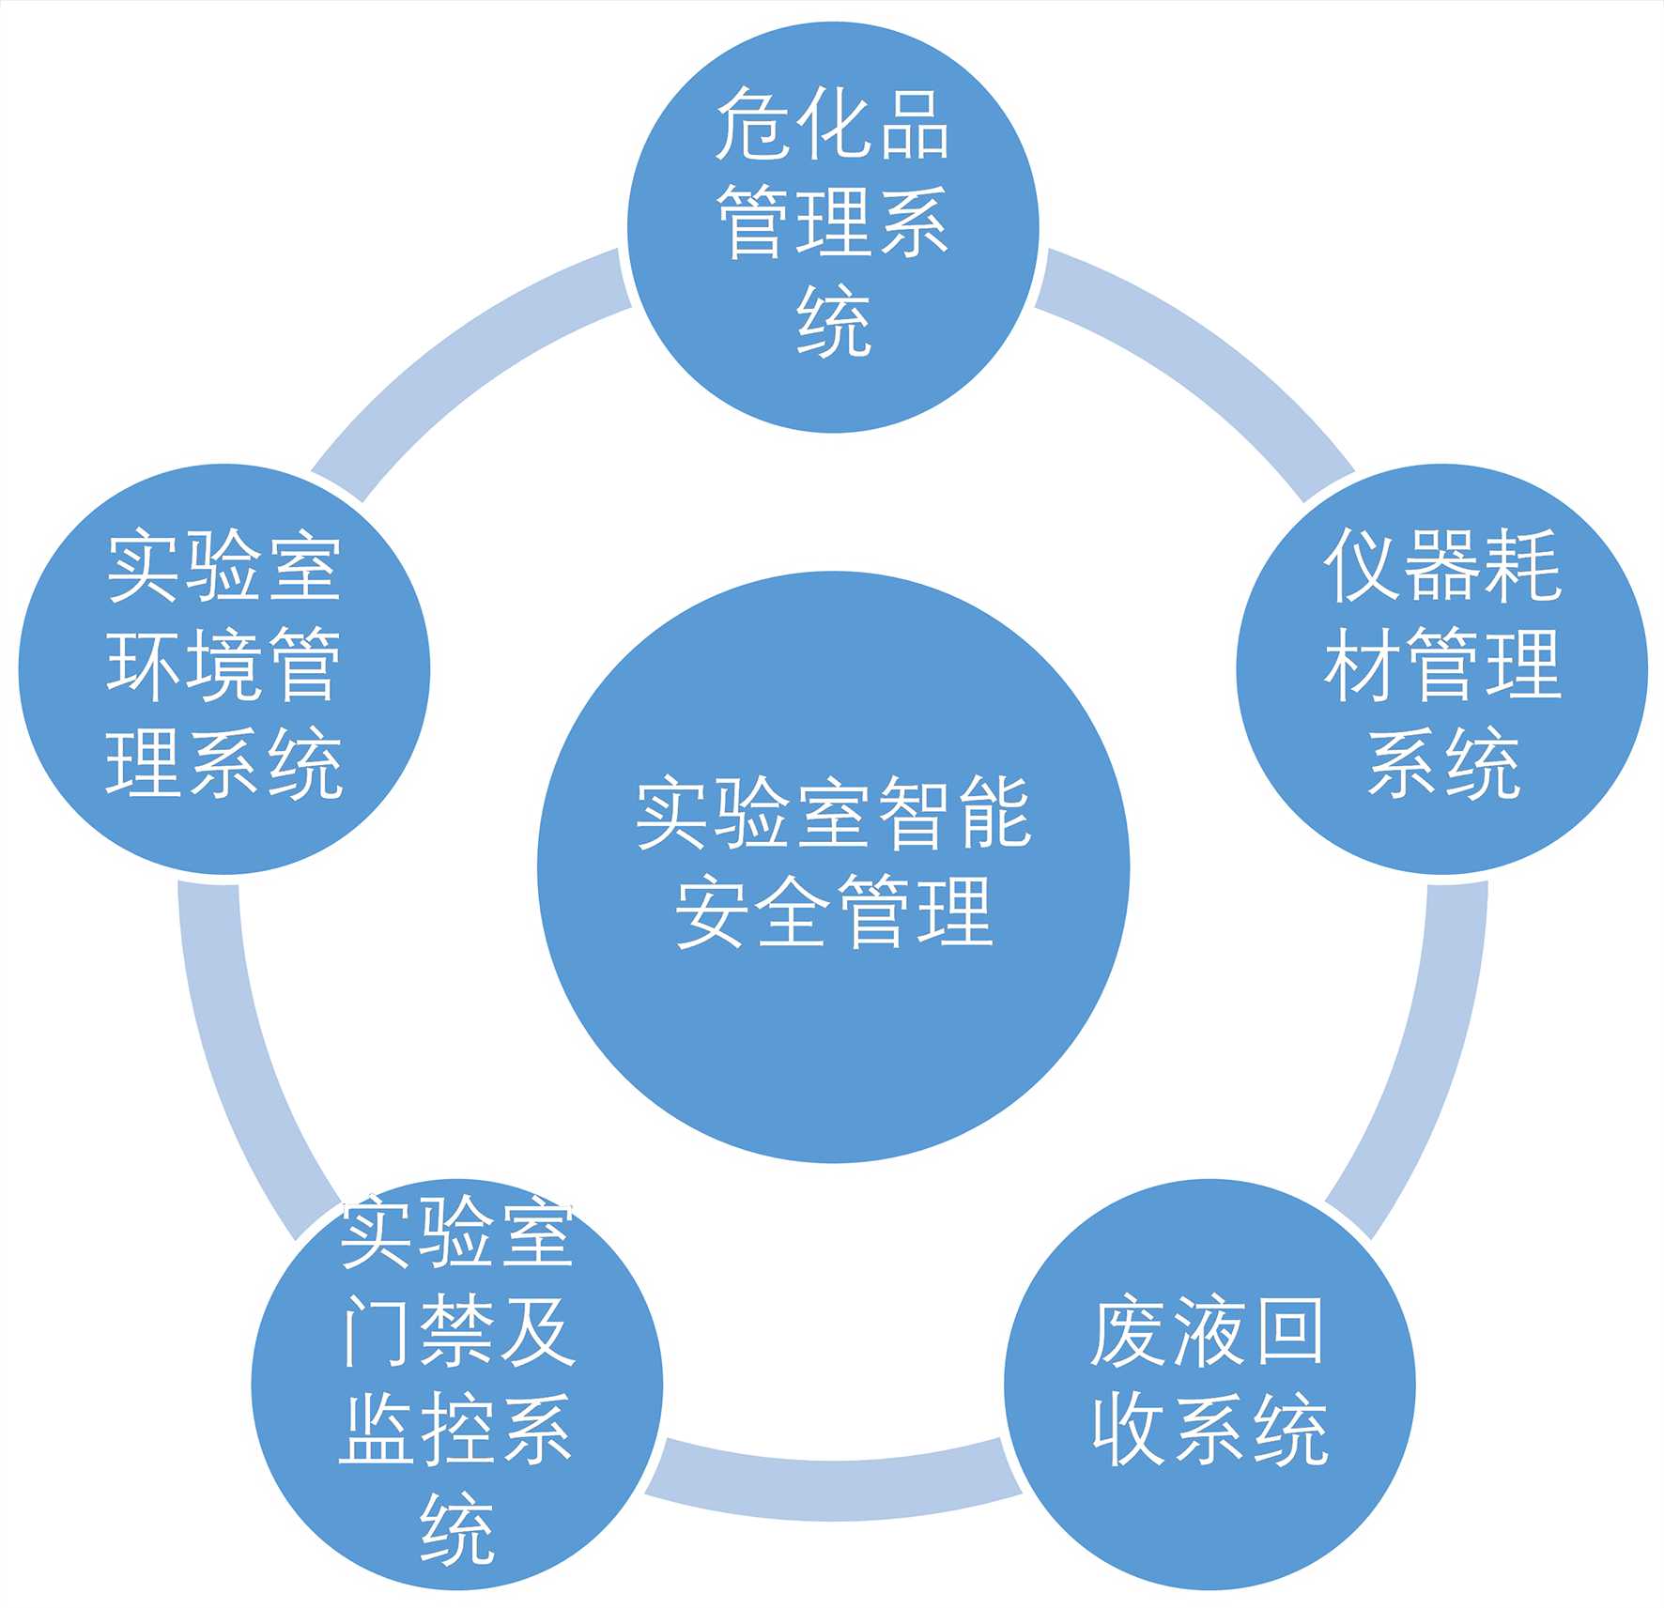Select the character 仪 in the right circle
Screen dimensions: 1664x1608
[x=1362, y=565]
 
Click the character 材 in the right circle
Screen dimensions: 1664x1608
[x=1362, y=665]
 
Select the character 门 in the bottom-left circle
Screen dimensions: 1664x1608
[x=375, y=1332]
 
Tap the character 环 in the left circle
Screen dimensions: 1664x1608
[x=143, y=665]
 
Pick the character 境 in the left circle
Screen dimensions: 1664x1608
[x=223, y=665]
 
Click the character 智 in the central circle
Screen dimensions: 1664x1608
[x=913, y=813]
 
